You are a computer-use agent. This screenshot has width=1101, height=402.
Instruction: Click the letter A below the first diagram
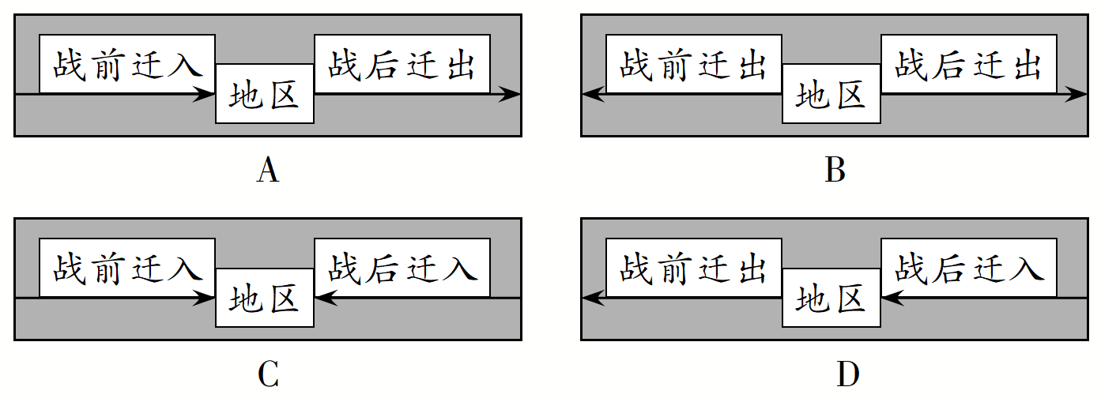point(268,171)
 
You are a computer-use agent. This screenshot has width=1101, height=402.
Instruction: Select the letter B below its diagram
point(835,171)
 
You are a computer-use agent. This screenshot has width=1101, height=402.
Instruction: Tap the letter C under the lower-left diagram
point(268,375)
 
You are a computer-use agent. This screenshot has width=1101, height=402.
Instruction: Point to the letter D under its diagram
point(847,375)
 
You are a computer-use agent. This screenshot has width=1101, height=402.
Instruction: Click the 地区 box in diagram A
point(265,94)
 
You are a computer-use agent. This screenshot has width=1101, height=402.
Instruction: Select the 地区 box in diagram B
point(831,94)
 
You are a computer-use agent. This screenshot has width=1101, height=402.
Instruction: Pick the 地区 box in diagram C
point(265,299)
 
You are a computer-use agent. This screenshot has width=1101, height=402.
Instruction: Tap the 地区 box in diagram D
point(831,299)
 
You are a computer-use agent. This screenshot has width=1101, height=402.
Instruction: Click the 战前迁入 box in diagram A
point(127,64)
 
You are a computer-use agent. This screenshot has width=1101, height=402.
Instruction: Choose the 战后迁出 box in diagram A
point(402,64)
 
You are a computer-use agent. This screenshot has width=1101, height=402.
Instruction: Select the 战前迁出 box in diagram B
point(694,64)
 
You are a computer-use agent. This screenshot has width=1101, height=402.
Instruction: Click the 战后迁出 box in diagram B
point(969,64)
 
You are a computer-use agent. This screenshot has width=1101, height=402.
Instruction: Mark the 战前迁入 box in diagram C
point(127,269)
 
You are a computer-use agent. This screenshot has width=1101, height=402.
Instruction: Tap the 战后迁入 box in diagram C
point(402,269)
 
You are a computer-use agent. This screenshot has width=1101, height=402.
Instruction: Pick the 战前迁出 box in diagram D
point(694,269)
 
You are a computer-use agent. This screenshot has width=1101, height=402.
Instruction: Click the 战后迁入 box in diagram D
point(969,269)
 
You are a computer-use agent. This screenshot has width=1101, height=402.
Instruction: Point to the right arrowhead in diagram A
point(511,95)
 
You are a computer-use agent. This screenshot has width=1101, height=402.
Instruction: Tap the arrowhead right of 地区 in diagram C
point(325,299)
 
